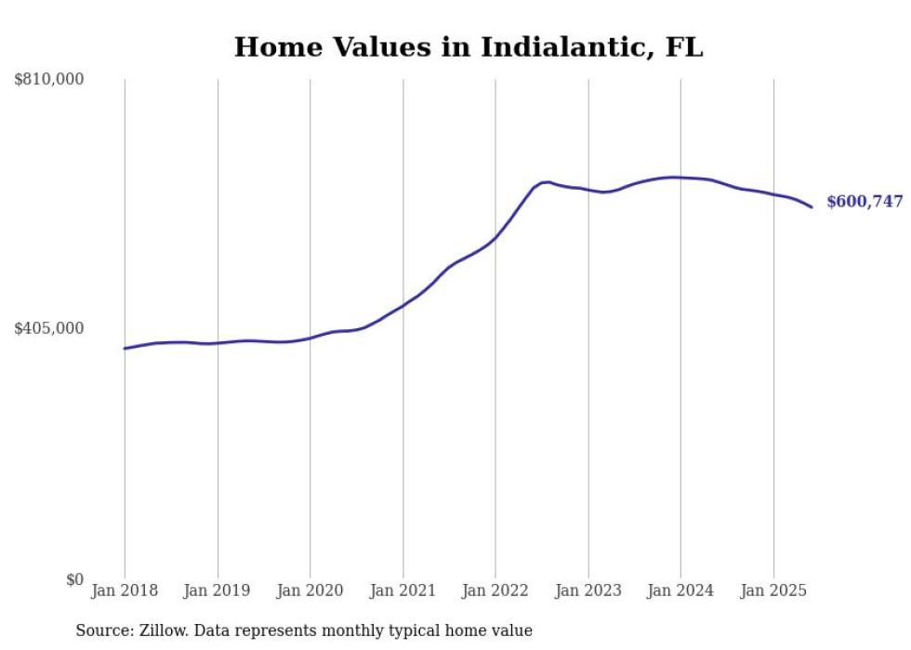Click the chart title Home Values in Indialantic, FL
469,46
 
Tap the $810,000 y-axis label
49,80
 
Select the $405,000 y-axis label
49,328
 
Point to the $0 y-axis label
74,579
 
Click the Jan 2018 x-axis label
125,590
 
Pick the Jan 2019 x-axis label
218,590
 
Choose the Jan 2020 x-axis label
310,590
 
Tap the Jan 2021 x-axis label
403,590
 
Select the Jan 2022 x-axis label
495,590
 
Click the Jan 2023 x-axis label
588,590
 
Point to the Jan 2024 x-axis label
680,590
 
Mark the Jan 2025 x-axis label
772,590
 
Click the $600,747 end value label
865,202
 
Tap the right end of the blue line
812,206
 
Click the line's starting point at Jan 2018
125,348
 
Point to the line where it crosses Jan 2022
495,237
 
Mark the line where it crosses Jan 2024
680,177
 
